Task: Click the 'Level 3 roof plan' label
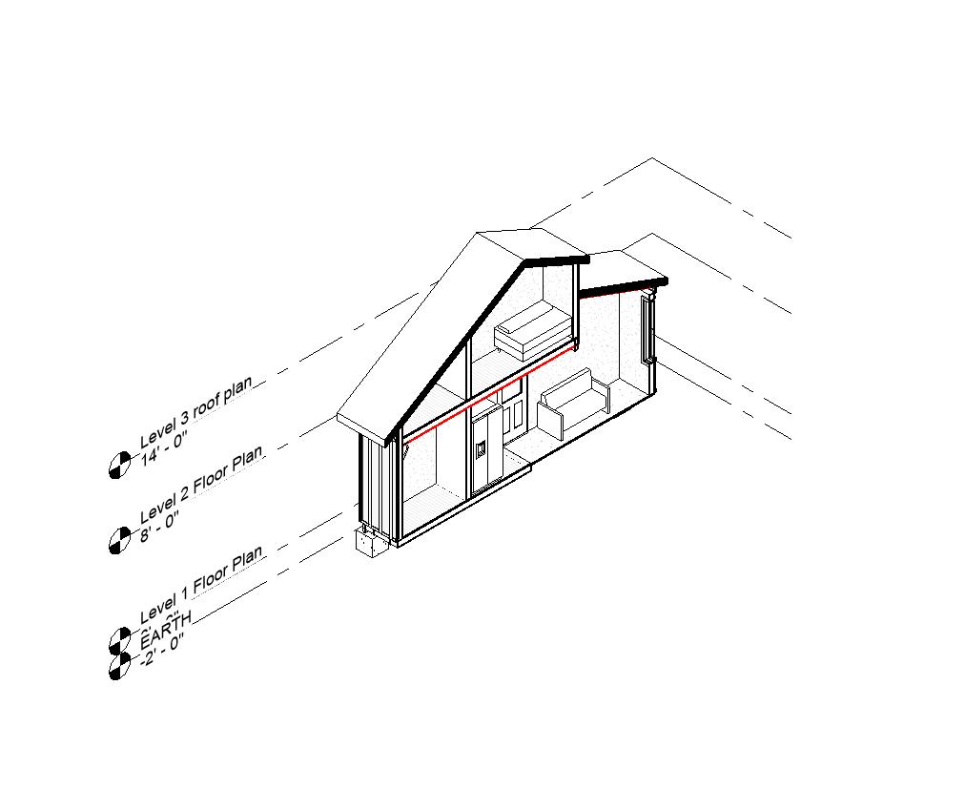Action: (196, 412)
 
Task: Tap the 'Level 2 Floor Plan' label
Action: (200, 484)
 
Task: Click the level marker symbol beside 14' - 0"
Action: (119, 466)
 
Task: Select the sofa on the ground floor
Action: (572, 405)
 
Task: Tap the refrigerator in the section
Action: (486, 448)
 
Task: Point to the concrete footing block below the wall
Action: (370, 543)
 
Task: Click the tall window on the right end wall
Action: (648, 329)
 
